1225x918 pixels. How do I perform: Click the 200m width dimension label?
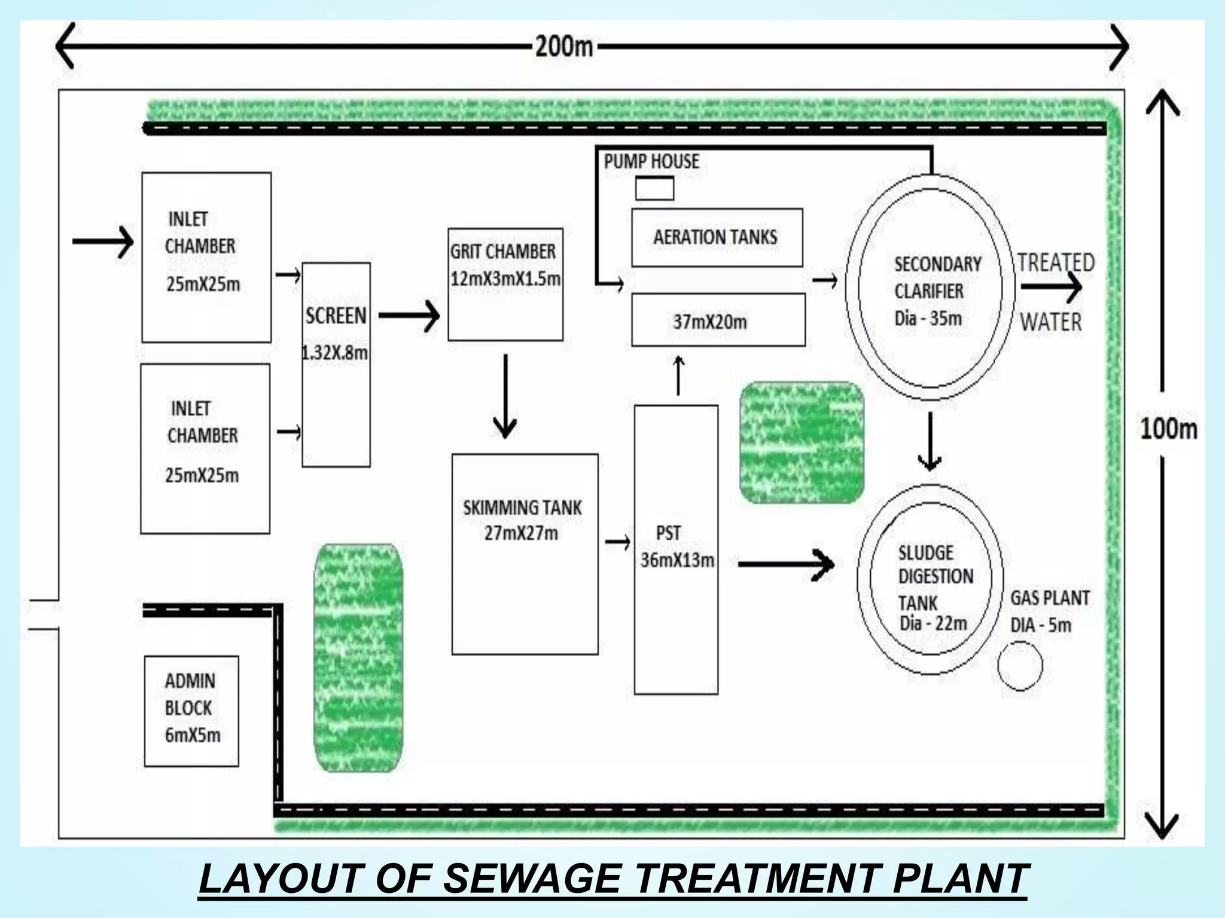coord(563,46)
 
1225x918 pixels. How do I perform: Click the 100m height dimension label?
coord(1168,429)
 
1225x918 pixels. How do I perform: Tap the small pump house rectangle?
coord(654,188)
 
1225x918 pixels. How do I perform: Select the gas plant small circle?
coord(1020,665)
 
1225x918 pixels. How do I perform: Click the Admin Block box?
coord(191,711)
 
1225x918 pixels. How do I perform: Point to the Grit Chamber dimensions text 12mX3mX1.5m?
coord(505,279)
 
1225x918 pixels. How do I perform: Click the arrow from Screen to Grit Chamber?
coord(409,316)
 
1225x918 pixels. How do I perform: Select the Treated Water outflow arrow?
coord(1051,287)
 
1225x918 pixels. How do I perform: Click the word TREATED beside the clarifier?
coord(1056,262)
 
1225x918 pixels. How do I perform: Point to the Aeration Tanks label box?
coord(717,237)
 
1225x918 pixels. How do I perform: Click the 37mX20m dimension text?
coord(710,322)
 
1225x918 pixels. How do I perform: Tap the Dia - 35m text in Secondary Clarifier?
coord(928,318)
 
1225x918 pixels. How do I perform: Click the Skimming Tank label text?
coord(522,507)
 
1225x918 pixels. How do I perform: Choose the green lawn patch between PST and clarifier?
coord(802,442)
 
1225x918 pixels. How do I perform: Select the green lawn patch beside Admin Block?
coord(358,657)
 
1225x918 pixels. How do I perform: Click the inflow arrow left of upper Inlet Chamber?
coord(102,241)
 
